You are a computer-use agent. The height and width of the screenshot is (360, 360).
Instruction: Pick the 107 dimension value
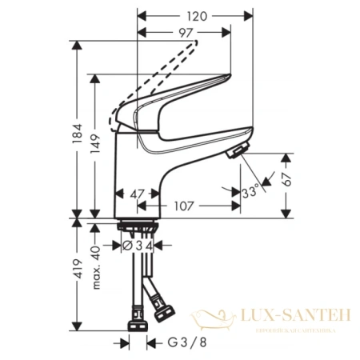[185, 206]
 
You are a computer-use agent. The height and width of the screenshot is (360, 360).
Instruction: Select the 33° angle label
[250, 193]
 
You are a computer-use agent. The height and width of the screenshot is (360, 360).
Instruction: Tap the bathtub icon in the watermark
[218, 322]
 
